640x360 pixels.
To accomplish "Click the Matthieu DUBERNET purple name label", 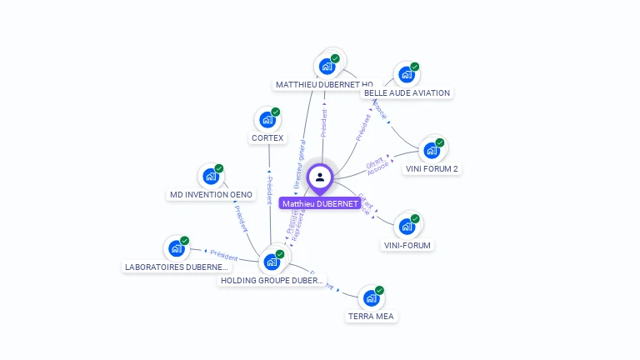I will click(x=320, y=203).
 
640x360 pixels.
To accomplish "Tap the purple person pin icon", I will click(x=320, y=177).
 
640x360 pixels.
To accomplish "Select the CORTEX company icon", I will click(x=267, y=120).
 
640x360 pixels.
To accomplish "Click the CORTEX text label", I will click(x=267, y=138).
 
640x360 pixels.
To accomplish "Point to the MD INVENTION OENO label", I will click(x=211, y=195).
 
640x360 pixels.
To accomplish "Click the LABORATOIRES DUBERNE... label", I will click(x=176, y=267).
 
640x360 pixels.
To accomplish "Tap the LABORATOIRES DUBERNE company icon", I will click(x=176, y=248).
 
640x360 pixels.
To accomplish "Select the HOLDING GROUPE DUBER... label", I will click(x=272, y=281).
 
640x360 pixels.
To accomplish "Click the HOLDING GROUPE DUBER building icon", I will click(x=272, y=262).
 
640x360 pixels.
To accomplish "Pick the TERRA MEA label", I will click(x=372, y=317).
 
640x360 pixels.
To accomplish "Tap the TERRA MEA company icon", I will click(x=372, y=297).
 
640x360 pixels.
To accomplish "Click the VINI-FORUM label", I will click(x=407, y=245).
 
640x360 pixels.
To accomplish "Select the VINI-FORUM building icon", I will click(x=407, y=226).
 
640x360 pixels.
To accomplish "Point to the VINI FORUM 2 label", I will click(x=432, y=169).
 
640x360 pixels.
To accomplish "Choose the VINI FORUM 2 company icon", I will click(x=432, y=150).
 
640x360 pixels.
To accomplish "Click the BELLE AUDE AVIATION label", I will click(x=407, y=93).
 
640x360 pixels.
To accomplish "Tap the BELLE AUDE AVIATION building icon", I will click(x=407, y=74).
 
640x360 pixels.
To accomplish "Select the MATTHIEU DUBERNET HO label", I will click(x=323, y=85).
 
